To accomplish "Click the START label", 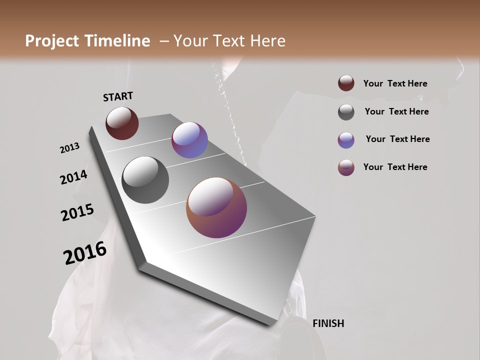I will click(118, 96).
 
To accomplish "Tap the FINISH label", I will click(328, 323).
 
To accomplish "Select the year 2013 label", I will click(69, 148).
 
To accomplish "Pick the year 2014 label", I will click(73, 177).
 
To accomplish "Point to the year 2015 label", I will click(77, 212).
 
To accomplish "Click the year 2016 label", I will click(85, 253).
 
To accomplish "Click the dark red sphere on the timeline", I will click(122, 123).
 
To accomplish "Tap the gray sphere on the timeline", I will click(145, 180).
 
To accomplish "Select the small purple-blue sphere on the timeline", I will click(189, 140).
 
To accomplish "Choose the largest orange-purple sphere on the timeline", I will click(216, 207).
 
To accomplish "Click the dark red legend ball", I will click(346, 83).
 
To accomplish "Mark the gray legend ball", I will click(346, 112).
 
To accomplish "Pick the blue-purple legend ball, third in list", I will click(346, 140).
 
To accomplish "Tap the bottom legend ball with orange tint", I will click(346, 167).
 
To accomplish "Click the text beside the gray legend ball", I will click(396, 111).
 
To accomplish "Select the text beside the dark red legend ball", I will click(395, 83).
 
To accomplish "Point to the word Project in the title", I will click(52, 41).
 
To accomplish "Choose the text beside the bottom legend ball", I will click(395, 167).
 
